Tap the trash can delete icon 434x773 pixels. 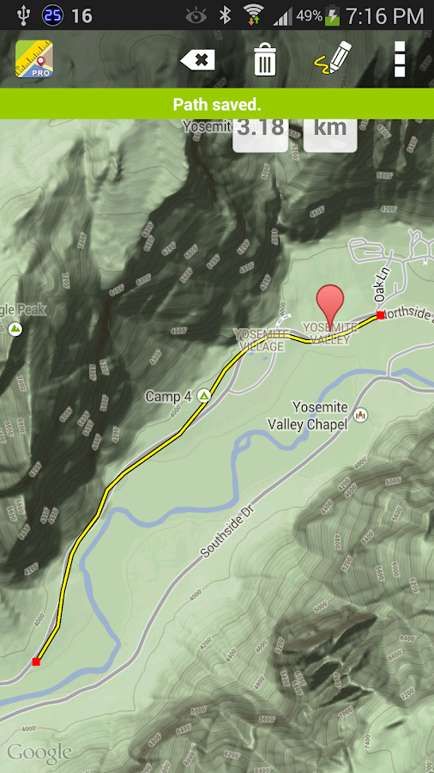pyautogui.click(x=265, y=60)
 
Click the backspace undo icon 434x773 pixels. pyautogui.click(x=197, y=60)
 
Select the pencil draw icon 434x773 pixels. pyautogui.click(x=334, y=59)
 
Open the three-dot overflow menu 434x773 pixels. pyautogui.click(x=399, y=59)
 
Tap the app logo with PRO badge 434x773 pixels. pyautogui.click(x=33, y=60)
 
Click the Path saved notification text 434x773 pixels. pyautogui.click(x=217, y=105)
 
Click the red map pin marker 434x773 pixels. pyautogui.click(x=330, y=304)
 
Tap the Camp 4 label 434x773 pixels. pyautogui.click(x=168, y=397)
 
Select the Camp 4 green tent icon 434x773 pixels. pyautogui.click(x=204, y=395)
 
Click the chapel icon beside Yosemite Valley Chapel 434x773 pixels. pyautogui.click(x=361, y=415)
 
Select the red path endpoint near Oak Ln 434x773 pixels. pyautogui.click(x=380, y=315)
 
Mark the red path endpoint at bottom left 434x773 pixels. pyautogui.click(x=36, y=661)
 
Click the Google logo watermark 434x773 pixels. pyautogui.click(x=39, y=753)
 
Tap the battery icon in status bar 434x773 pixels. pyautogui.click(x=333, y=15)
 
